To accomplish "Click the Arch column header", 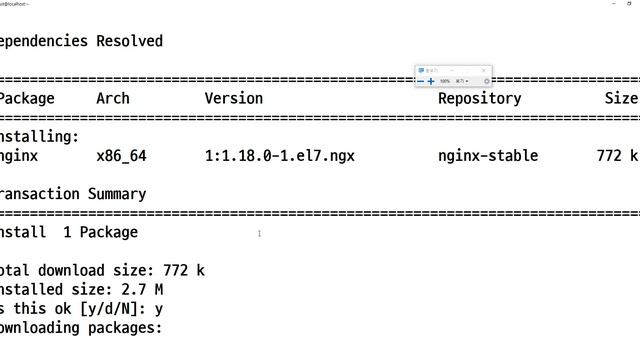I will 113,98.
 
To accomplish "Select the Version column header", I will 234,98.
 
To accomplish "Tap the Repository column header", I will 479,98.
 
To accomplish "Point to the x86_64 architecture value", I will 121,156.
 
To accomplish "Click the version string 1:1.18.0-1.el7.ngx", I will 280,156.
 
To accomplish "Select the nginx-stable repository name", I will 488,156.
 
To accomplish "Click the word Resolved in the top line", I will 129,41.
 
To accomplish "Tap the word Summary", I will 117,194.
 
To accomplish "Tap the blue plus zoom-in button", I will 431,81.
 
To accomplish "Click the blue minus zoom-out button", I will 420,81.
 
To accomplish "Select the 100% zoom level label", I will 445,81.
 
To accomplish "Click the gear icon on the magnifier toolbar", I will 486,81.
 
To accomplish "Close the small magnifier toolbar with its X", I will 483,70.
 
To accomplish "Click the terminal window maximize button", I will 613,4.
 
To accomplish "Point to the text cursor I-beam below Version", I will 259,234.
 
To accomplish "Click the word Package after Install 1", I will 108,232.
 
